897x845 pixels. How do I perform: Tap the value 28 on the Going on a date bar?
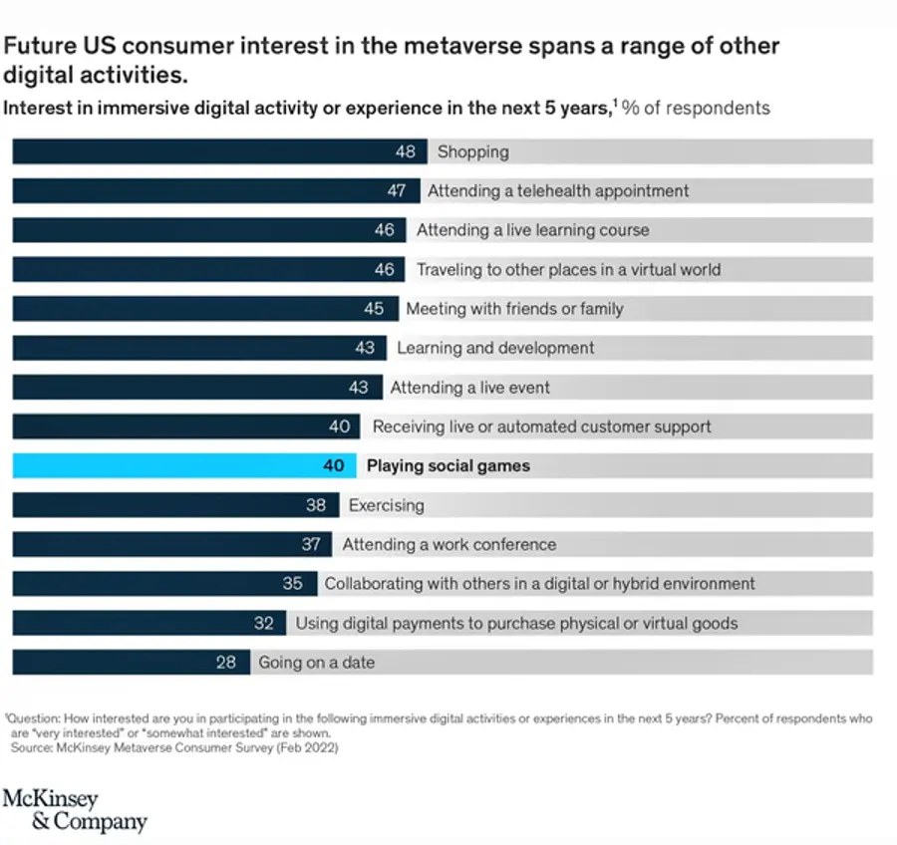click(x=227, y=662)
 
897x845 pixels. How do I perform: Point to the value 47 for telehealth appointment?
click(x=397, y=190)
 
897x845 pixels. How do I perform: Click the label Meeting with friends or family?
click(x=514, y=309)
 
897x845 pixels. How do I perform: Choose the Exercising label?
click(x=386, y=505)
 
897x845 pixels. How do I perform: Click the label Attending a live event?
click(x=469, y=388)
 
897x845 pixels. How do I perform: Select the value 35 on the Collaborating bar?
click(x=292, y=584)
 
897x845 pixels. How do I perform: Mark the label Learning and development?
click(x=495, y=348)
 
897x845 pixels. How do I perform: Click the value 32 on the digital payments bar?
click(x=263, y=623)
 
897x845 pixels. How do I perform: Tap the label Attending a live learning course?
click(x=532, y=230)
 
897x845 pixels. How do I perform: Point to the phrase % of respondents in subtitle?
click(x=697, y=108)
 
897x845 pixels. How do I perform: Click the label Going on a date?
click(x=316, y=662)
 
